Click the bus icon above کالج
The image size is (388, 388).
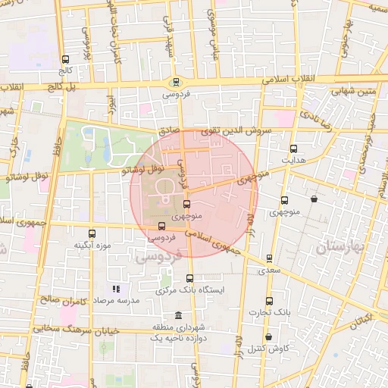(x=65, y=59)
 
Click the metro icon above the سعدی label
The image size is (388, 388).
(x=269, y=258)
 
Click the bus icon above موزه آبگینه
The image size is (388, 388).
(x=92, y=233)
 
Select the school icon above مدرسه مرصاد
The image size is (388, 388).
(x=116, y=289)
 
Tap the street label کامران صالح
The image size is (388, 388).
(x=60, y=302)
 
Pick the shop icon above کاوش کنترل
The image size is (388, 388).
(x=268, y=337)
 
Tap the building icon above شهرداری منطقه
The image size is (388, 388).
(x=178, y=315)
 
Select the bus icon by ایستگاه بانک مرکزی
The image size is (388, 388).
(x=189, y=278)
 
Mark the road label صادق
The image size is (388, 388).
(x=170, y=130)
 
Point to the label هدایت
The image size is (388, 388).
(x=293, y=161)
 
